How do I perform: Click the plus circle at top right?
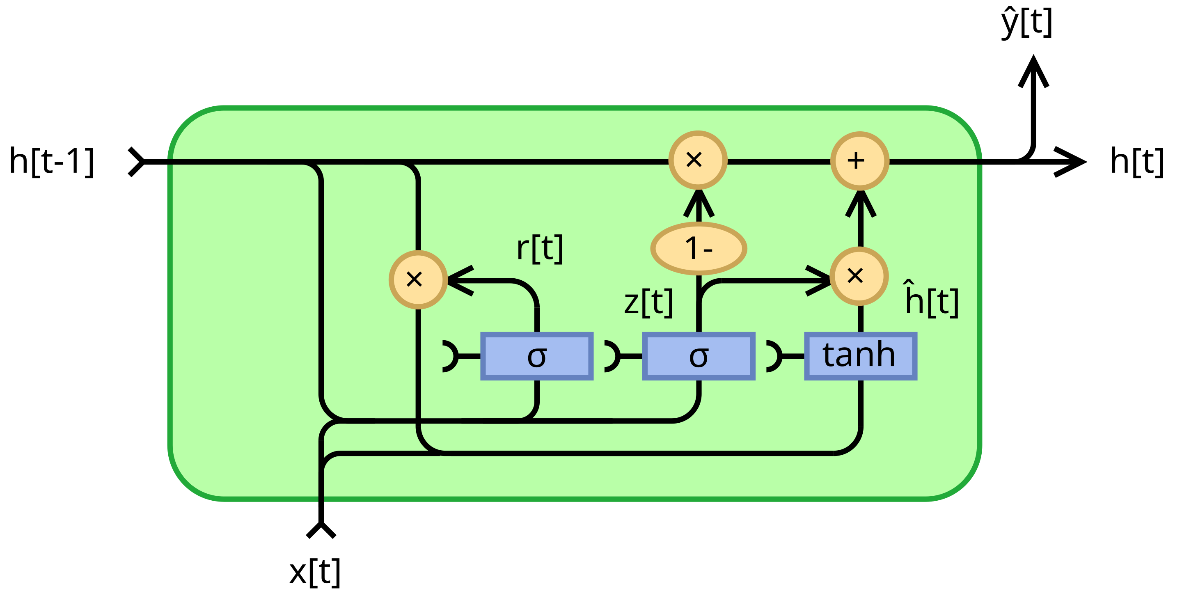click(x=860, y=160)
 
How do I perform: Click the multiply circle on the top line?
click(x=698, y=160)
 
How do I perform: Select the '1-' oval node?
click(x=699, y=249)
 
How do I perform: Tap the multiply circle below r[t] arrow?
click(x=417, y=279)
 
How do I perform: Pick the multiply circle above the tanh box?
click(x=859, y=276)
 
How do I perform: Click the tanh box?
click(x=860, y=356)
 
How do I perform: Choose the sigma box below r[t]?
click(x=537, y=356)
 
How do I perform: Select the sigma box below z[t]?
click(x=699, y=356)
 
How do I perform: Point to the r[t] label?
click(x=540, y=249)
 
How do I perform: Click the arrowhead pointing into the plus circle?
click(x=860, y=202)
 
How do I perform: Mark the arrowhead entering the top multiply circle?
click(x=699, y=202)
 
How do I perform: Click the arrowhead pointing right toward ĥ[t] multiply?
click(x=819, y=279)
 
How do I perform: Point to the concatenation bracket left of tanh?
click(x=774, y=356)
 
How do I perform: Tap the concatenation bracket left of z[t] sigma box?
click(x=613, y=356)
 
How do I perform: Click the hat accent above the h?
click(x=910, y=283)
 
